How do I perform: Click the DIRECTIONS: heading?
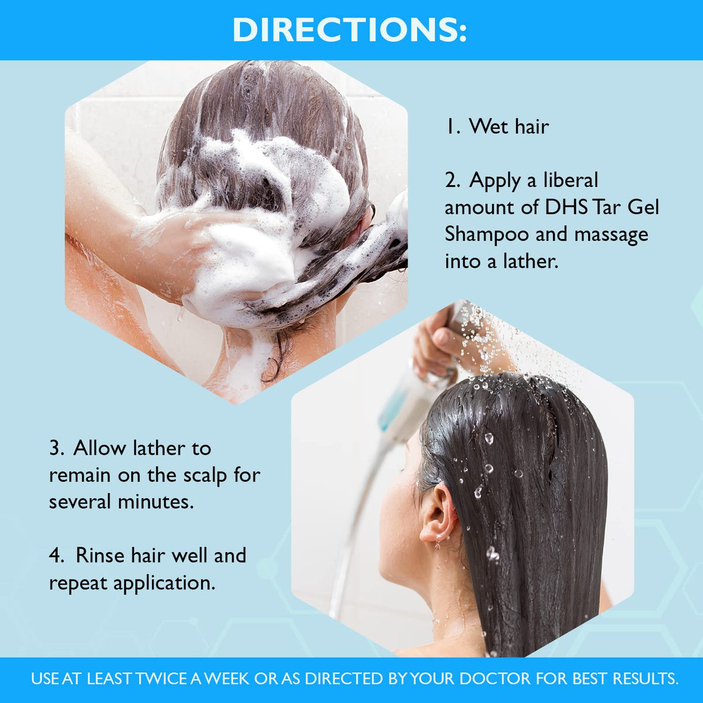[x=350, y=29]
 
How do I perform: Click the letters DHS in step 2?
[x=566, y=207]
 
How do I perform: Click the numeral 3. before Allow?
[x=57, y=448]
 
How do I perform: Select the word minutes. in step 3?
[x=156, y=501]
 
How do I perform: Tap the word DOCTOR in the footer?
[x=495, y=678]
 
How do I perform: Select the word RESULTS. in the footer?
[x=646, y=678]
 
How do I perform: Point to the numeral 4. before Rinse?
[x=57, y=555]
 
